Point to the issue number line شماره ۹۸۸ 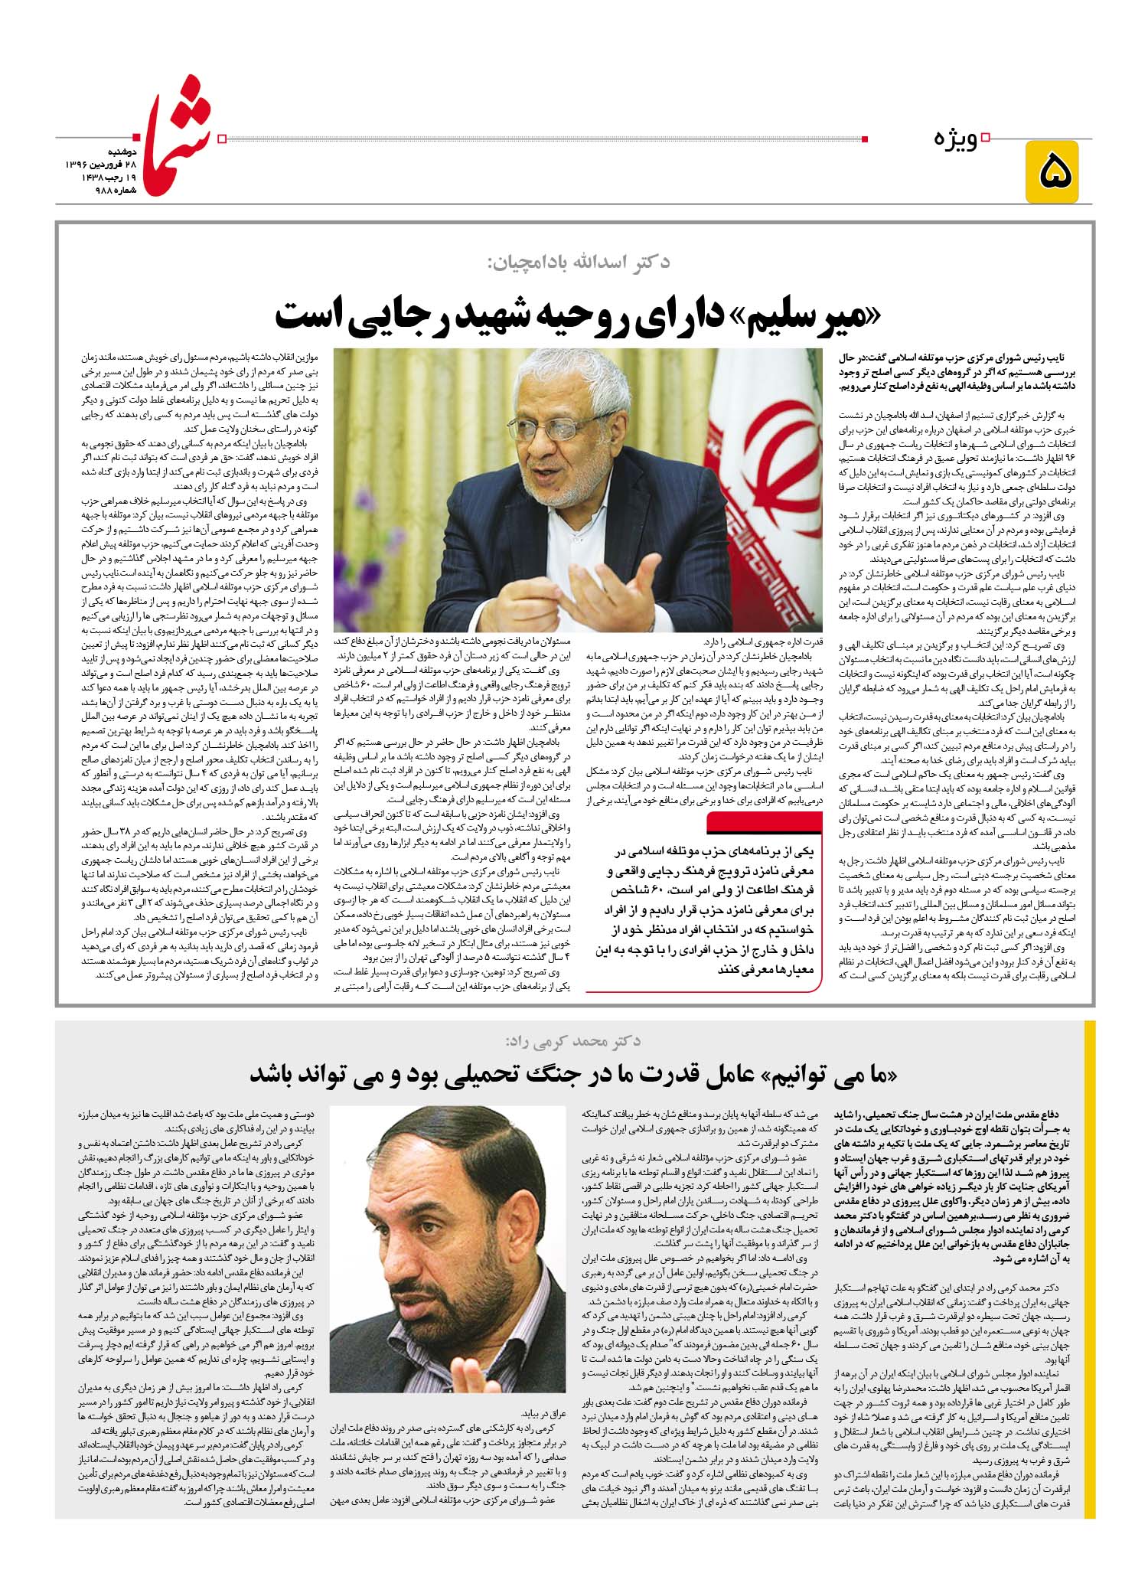[112, 190]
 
